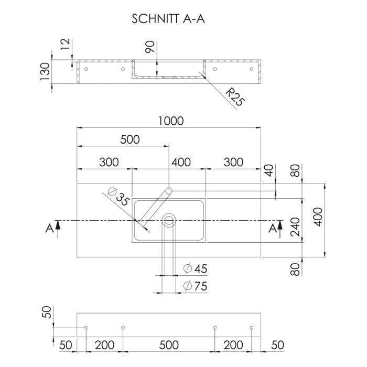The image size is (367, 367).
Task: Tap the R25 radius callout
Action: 235,98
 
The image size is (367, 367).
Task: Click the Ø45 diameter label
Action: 196,269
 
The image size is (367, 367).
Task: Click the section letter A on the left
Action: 49,228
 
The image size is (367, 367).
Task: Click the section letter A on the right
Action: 272,228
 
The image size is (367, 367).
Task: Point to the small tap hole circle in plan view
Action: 169,190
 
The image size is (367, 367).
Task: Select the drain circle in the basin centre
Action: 169,221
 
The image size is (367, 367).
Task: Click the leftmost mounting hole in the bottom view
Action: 86,328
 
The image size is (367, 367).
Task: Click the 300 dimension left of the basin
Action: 109,162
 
